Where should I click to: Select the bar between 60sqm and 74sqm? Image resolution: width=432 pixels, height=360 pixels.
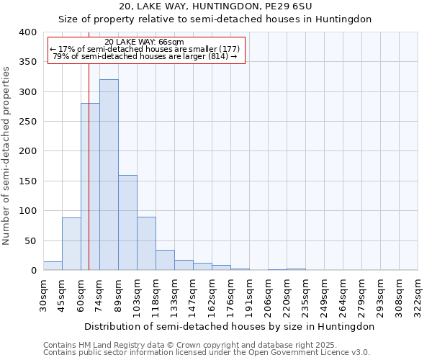click(x=90, y=187)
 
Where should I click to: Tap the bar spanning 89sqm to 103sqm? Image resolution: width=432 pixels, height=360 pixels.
click(x=127, y=223)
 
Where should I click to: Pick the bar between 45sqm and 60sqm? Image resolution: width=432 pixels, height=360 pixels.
click(x=71, y=244)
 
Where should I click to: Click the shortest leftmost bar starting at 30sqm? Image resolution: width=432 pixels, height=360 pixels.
click(x=53, y=266)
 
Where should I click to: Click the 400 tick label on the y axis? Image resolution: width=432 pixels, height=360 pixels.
click(x=28, y=32)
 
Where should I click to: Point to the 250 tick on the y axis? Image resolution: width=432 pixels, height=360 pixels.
click(x=28, y=122)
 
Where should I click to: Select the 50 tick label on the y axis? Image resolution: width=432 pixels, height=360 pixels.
click(x=31, y=241)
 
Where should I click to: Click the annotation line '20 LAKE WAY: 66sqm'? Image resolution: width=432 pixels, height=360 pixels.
click(x=144, y=42)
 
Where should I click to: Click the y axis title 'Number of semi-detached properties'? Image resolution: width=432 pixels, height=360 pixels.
click(x=6, y=155)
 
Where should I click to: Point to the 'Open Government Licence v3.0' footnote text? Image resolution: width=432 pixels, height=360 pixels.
click(x=310, y=353)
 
